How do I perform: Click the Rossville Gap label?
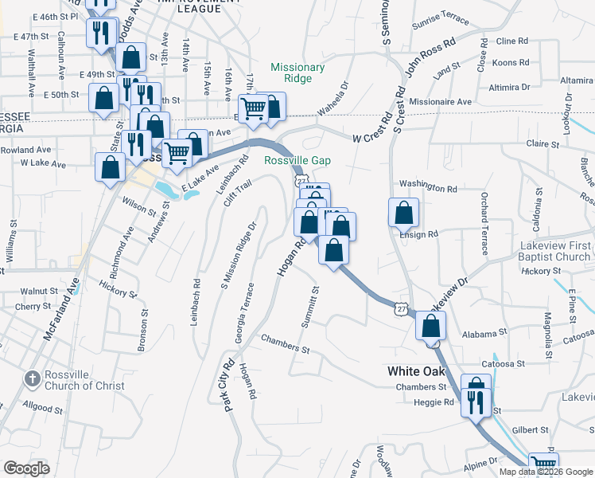(x=297, y=160)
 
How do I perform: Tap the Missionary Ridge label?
(x=297, y=73)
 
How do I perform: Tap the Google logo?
(x=27, y=468)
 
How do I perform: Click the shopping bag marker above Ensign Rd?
(x=403, y=213)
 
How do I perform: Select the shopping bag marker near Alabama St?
(x=430, y=326)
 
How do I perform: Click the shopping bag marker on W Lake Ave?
(x=110, y=167)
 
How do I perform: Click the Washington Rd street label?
(x=428, y=190)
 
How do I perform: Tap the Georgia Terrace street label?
(x=244, y=313)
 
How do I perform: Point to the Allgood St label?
(x=44, y=408)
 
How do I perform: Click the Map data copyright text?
(x=545, y=471)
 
